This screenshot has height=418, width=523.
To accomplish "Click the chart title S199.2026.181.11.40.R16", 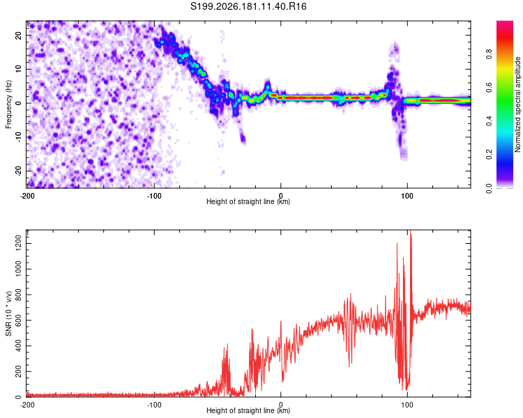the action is (x=248, y=6).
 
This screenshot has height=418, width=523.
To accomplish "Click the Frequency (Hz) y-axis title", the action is (x=8, y=104).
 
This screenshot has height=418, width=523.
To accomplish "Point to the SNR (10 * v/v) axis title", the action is (x=8, y=313).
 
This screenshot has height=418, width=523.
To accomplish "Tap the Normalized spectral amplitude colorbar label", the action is (x=517, y=104).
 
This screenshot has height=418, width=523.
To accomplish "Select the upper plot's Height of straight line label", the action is (x=248, y=201).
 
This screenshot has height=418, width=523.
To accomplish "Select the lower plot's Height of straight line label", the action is (x=248, y=410).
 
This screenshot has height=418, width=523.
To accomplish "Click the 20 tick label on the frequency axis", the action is (x=18, y=36).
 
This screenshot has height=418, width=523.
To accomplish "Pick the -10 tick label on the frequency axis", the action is (x=18, y=137).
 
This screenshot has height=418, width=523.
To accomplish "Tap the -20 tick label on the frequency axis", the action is (x=18, y=171).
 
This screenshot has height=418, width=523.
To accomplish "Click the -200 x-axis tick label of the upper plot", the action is (x=27, y=196).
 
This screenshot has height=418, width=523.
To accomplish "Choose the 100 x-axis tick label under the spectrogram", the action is (x=407, y=196).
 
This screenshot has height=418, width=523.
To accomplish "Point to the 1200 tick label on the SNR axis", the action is (x=18, y=243).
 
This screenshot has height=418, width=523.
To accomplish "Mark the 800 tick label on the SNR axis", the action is (x=18, y=295).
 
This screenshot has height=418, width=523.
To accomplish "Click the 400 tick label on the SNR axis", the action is (x=18, y=346).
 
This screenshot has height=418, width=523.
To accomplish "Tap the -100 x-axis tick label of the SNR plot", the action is (x=154, y=405).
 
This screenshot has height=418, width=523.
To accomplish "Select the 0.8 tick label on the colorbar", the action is (x=489, y=54).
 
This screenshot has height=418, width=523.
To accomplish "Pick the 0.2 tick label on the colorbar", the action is (x=489, y=155).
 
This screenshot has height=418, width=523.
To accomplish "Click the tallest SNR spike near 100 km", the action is (x=411, y=231).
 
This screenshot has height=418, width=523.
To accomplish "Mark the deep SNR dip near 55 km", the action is (x=349, y=366).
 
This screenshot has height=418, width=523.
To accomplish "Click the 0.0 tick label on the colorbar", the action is (x=489, y=188).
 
